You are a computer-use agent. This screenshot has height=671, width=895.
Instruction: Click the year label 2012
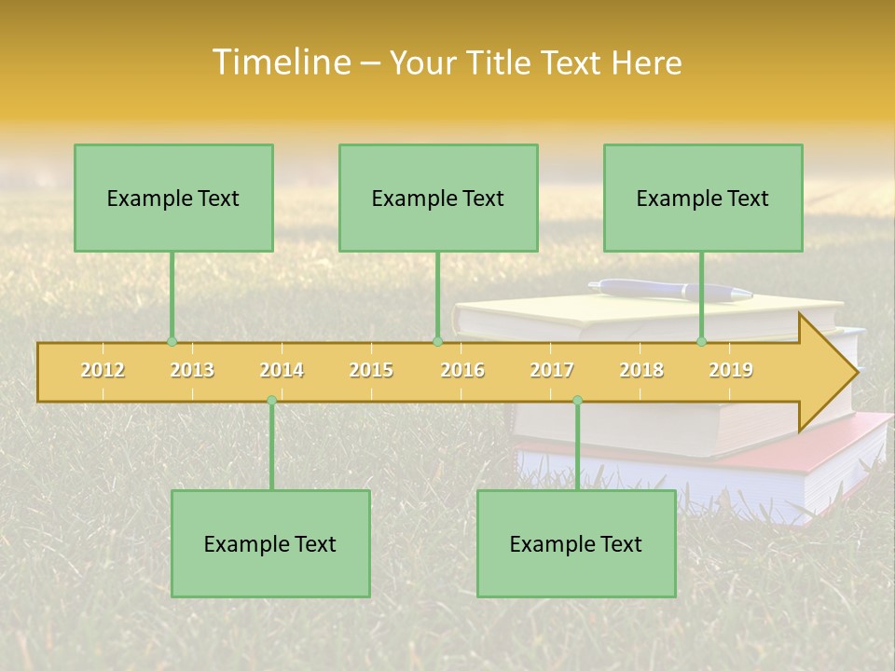[103, 371]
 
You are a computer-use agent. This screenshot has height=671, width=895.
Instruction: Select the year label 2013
[192, 371]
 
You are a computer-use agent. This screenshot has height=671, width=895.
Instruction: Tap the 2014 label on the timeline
[282, 371]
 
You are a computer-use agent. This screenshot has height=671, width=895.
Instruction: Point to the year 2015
[371, 371]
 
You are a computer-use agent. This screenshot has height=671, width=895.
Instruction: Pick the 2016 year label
[462, 371]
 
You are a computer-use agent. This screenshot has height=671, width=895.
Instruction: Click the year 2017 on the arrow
[552, 371]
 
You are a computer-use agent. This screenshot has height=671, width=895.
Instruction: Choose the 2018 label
[641, 371]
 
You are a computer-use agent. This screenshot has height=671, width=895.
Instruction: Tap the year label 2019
[731, 371]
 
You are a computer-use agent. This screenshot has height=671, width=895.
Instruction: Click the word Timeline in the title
[280, 62]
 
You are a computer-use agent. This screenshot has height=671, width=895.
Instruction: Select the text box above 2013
[173, 198]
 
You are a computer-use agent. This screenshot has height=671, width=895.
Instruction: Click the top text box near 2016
[438, 198]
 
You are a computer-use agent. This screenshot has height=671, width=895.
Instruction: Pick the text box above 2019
[703, 198]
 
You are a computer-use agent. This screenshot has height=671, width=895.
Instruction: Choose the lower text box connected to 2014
[270, 543]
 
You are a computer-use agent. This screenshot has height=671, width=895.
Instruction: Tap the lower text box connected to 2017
[576, 543]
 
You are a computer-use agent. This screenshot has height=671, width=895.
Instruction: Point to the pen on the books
[671, 291]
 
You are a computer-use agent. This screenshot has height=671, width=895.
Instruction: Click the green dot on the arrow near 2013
[172, 342]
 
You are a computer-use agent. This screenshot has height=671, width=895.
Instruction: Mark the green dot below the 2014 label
[271, 401]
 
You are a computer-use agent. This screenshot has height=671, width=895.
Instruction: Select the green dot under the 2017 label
[577, 401]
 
